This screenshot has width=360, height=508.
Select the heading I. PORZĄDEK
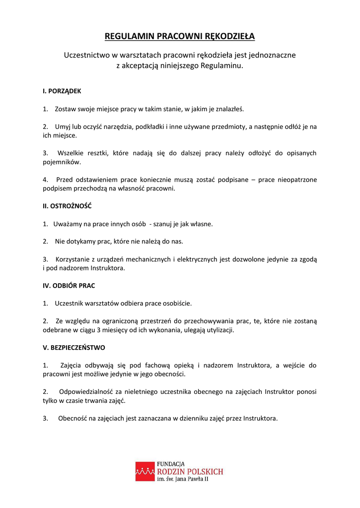[x=62, y=91]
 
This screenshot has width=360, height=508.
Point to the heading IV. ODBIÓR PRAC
[x=69, y=286]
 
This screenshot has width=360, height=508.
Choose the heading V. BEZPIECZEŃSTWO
[x=74, y=348]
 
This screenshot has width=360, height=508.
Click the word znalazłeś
[x=229, y=109]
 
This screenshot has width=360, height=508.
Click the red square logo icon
[x=145, y=471]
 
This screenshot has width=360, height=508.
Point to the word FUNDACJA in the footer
[x=171, y=464]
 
